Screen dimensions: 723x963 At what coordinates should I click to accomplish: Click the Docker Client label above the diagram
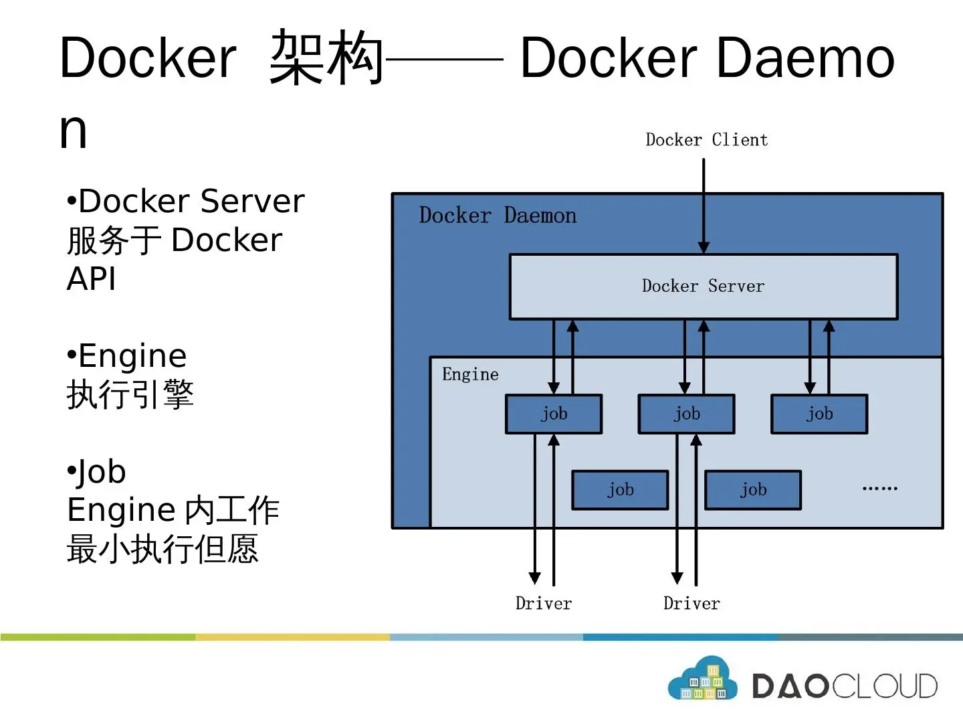pos(706,140)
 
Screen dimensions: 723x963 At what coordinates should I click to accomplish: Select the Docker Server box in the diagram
pos(703,287)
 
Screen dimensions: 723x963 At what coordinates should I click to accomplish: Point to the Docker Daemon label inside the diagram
pos(498,216)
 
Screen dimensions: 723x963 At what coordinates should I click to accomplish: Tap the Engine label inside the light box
pos(470,374)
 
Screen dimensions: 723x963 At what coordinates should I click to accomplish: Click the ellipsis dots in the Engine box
pos(879,489)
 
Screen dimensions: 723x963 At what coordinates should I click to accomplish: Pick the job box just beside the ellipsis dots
pos(753,490)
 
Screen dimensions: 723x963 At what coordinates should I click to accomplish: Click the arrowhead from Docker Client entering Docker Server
pos(704,248)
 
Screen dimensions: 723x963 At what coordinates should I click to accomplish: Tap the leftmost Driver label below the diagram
pos(544,604)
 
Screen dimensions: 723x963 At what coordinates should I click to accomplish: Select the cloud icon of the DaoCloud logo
pos(703,680)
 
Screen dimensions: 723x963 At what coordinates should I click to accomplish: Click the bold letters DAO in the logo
pos(790,686)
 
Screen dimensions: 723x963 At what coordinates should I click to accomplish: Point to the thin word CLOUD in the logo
pos(884,686)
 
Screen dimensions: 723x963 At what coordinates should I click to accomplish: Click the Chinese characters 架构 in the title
pos(326,58)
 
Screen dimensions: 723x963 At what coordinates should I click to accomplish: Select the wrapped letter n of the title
pos(74,131)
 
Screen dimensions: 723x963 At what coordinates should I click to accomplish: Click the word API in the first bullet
pos(92,278)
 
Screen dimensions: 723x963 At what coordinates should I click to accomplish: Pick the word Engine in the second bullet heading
pos(132,355)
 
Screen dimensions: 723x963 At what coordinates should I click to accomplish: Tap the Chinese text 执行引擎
pos(130,394)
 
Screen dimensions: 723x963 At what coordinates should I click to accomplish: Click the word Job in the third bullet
pos(102,472)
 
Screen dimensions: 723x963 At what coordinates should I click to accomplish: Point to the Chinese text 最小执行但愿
pos(163,549)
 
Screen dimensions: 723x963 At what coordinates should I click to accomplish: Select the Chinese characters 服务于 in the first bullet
pos(114,240)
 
